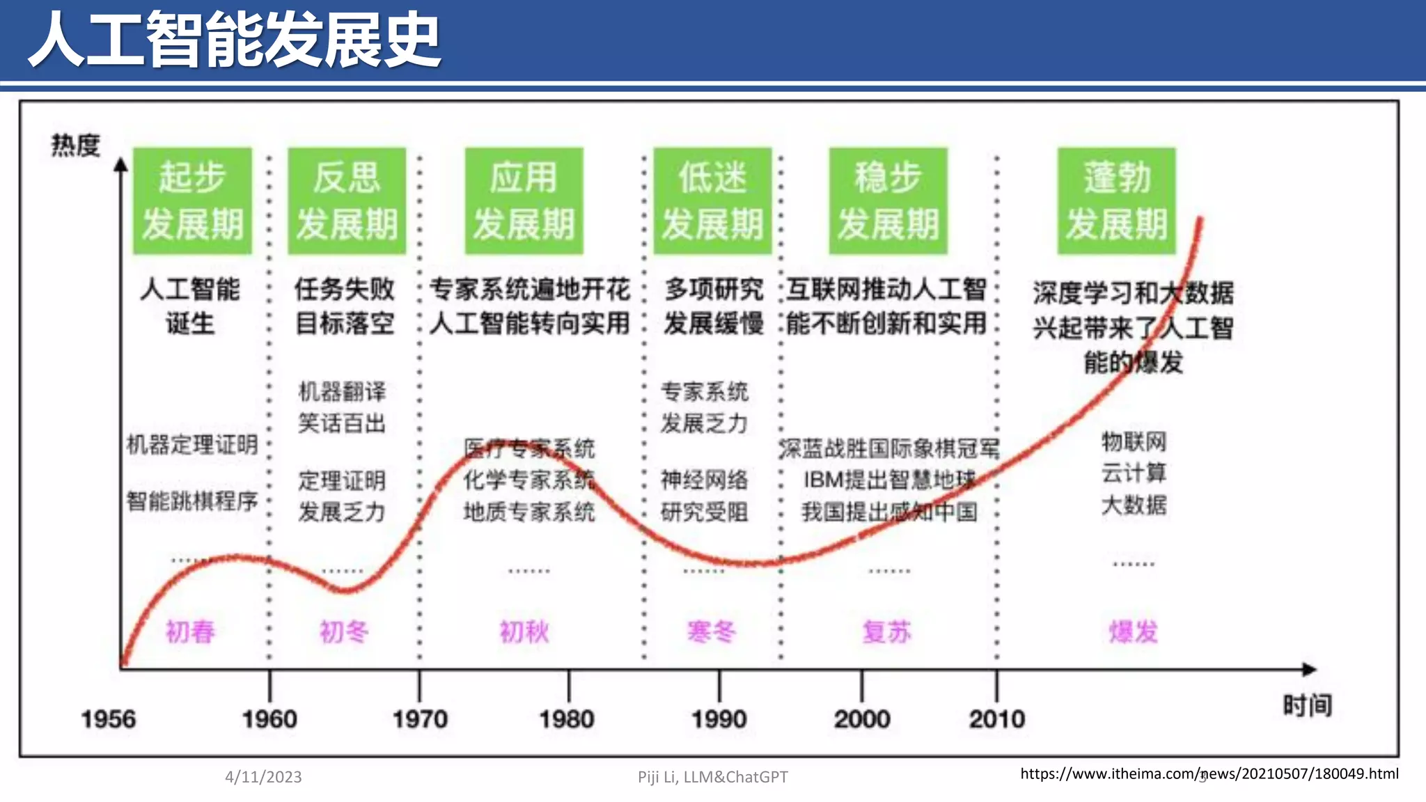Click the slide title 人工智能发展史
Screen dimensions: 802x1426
click(x=234, y=40)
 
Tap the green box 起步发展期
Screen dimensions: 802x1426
click(x=192, y=200)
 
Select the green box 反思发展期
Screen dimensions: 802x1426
click(x=347, y=200)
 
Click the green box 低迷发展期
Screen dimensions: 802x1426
click(x=712, y=200)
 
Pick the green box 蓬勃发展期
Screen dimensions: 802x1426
click(x=1116, y=200)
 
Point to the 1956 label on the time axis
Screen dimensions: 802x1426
click(x=108, y=718)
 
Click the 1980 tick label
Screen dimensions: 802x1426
click(x=567, y=718)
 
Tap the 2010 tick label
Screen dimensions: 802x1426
click(x=996, y=718)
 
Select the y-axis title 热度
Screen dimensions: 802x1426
click(x=75, y=146)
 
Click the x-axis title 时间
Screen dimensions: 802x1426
click(x=1307, y=705)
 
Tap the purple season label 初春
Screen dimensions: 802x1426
click(x=190, y=631)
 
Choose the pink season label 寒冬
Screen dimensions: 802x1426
click(x=711, y=631)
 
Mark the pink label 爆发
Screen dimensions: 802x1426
click(x=1133, y=631)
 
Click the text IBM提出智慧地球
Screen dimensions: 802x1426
click(x=889, y=480)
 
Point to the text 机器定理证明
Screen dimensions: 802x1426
click(x=192, y=444)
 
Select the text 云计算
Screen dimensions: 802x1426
click(x=1134, y=473)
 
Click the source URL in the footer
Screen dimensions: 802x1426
click(x=1209, y=773)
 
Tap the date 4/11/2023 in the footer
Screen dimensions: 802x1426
click(x=263, y=777)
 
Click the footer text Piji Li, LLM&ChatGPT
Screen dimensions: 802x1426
click(x=712, y=777)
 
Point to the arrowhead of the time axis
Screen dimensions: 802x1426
click(x=1310, y=669)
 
